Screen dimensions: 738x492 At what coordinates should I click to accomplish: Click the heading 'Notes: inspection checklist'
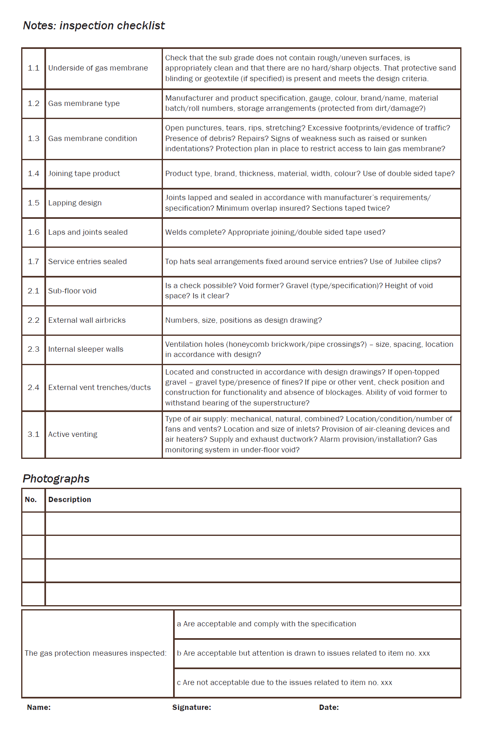[x=94, y=26]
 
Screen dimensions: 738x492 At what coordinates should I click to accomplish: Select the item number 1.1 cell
[x=33, y=68]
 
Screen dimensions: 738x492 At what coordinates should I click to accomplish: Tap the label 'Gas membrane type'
[x=84, y=104]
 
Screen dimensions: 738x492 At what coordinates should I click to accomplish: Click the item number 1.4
[x=33, y=174]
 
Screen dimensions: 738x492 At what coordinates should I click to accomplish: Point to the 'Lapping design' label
[x=75, y=203]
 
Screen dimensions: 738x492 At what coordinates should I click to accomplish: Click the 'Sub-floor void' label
[x=72, y=291]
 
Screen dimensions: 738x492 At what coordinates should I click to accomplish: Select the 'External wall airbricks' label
[x=87, y=320]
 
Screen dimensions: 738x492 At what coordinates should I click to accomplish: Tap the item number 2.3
[x=33, y=349]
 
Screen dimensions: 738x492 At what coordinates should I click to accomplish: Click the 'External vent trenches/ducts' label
[x=99, y=388]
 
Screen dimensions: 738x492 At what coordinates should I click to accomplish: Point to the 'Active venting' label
[x=72, y=434]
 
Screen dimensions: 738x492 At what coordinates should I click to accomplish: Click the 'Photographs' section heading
[x=56, y=478]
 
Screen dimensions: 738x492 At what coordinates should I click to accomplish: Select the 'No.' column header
[x=31, y=500]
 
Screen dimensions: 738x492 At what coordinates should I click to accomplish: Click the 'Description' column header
[x=70, y=500]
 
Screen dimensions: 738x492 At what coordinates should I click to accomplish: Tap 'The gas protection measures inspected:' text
[x=95, y=653]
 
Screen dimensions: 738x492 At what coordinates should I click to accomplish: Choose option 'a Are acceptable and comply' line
[x=266, y=624]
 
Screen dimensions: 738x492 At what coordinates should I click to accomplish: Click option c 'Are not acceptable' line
[x=284, y=683]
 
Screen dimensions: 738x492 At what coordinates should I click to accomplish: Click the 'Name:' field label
[x=39, y=707]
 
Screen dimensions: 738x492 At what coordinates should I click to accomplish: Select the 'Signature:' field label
[x=191, y=707]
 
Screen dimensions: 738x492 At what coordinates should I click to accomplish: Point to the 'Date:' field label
[x=329, y=707]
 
